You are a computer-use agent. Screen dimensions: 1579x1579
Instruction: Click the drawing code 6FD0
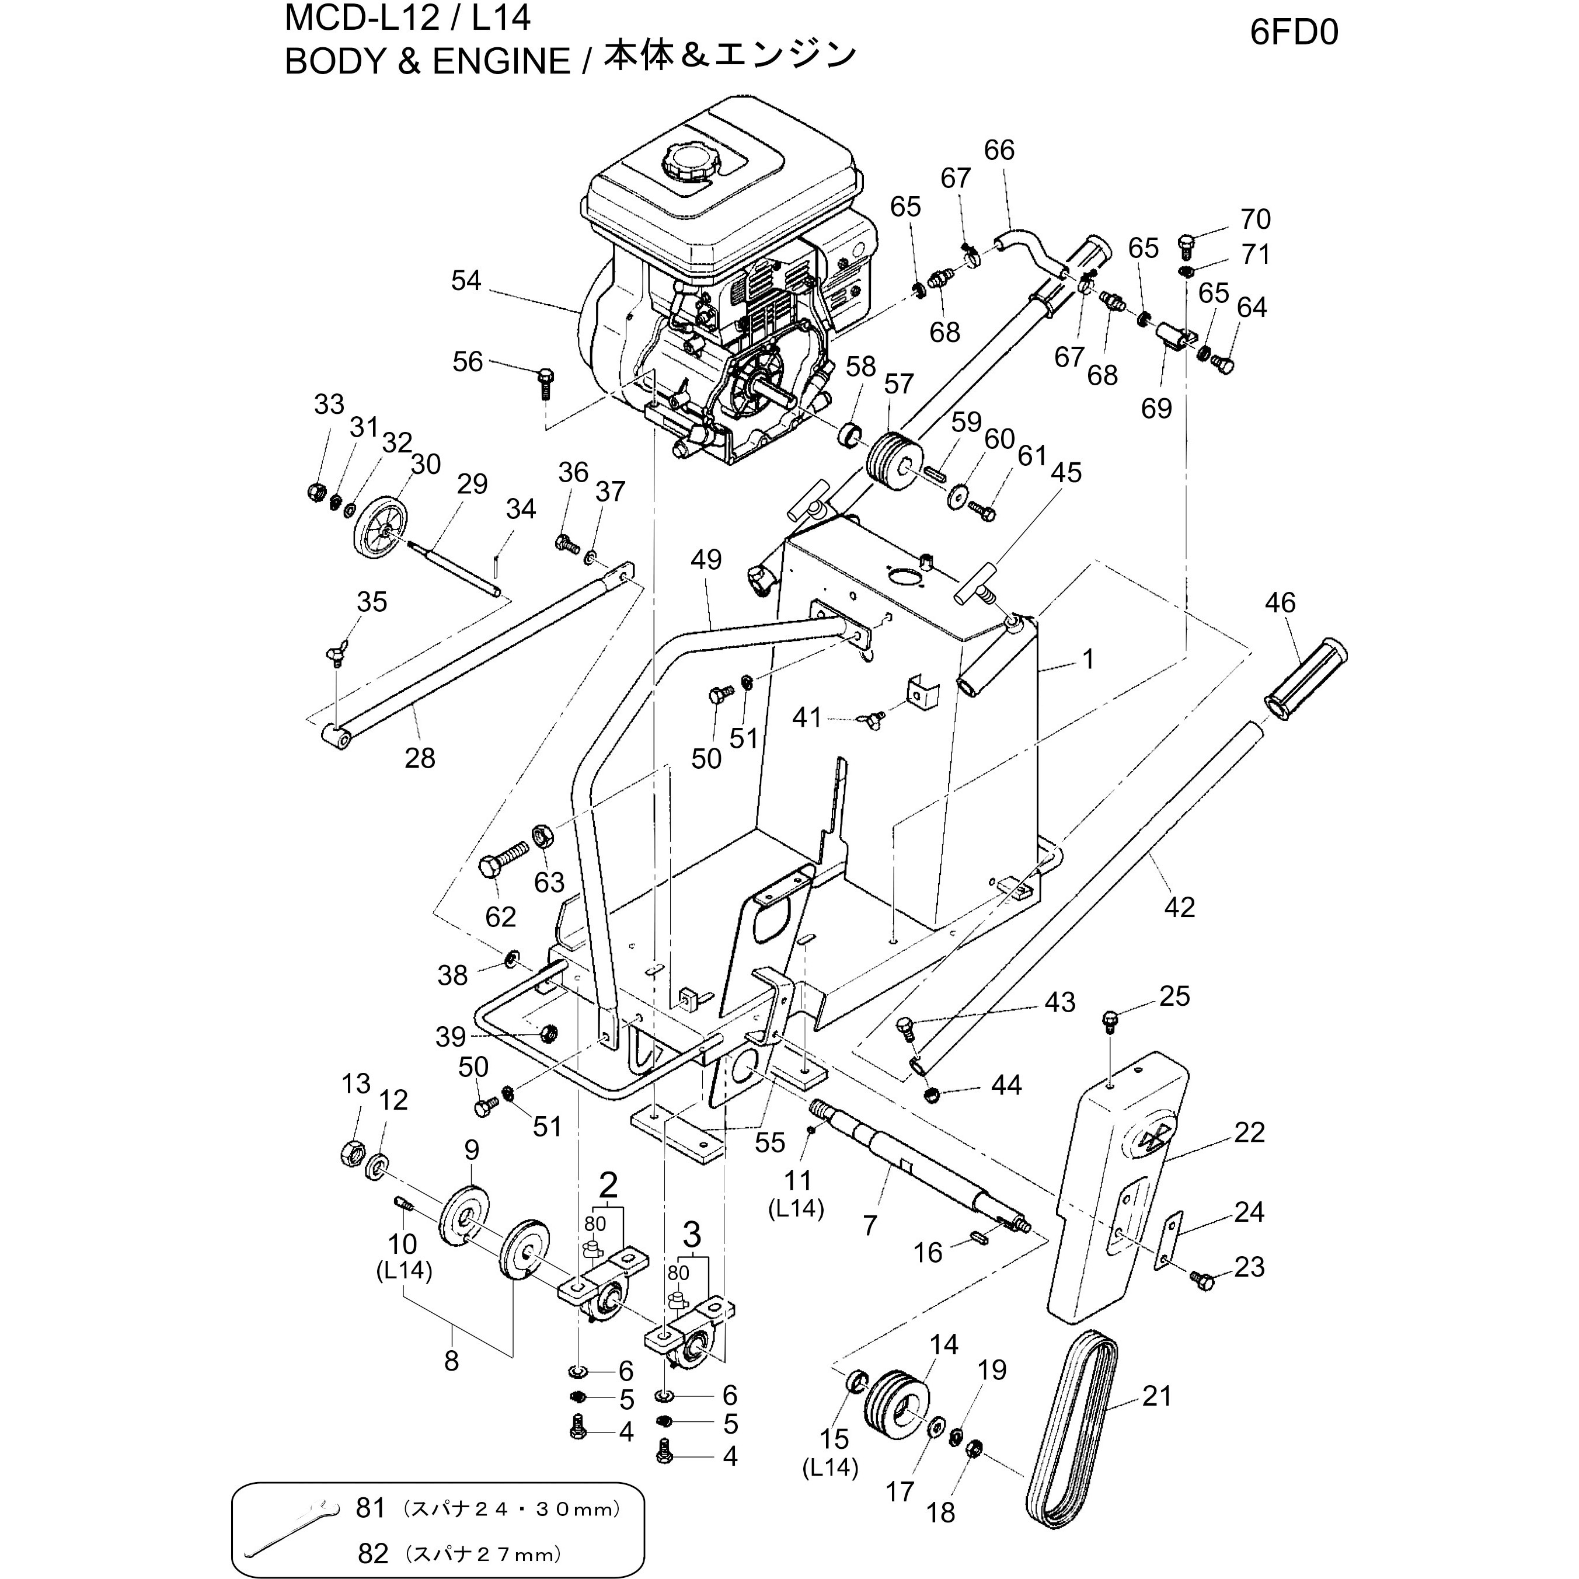coord(1294,33)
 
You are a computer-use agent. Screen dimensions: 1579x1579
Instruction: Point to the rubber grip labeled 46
coord(1305,680)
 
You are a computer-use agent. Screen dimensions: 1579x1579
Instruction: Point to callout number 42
coord(1179,907)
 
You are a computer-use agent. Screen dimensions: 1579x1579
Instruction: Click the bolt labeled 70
coord(1187,243)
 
